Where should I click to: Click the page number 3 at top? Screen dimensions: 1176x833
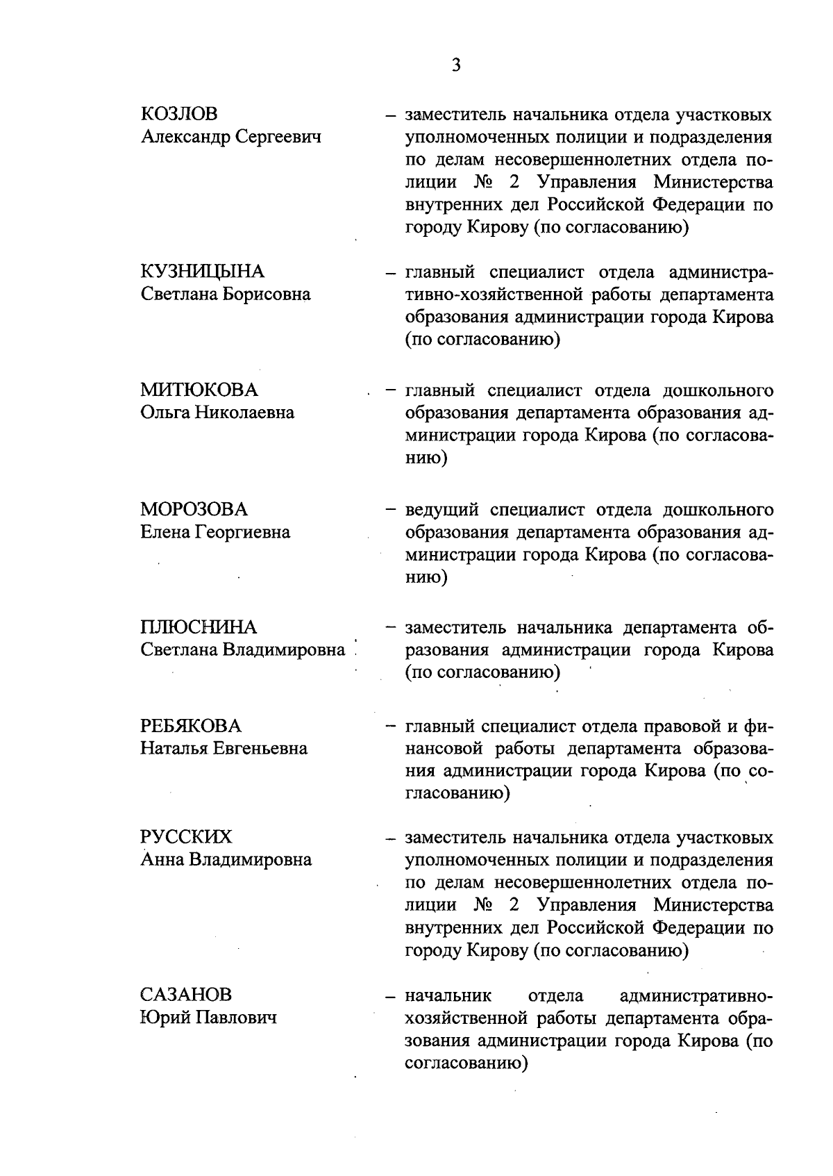[x=455, y=65]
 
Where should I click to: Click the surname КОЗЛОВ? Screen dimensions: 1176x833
[x=179, y=114]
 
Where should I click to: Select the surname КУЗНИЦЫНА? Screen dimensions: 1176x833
[x=202, y=272]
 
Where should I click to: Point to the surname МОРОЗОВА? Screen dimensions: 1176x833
[x=194, y=509]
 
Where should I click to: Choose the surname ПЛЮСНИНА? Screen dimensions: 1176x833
[x=199, y=628]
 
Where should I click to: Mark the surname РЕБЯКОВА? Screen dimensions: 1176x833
[x=191, y=727]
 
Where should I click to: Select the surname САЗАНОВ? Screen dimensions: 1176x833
[x=185, y=995]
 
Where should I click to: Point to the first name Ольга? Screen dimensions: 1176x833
[x=165, y=413]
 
